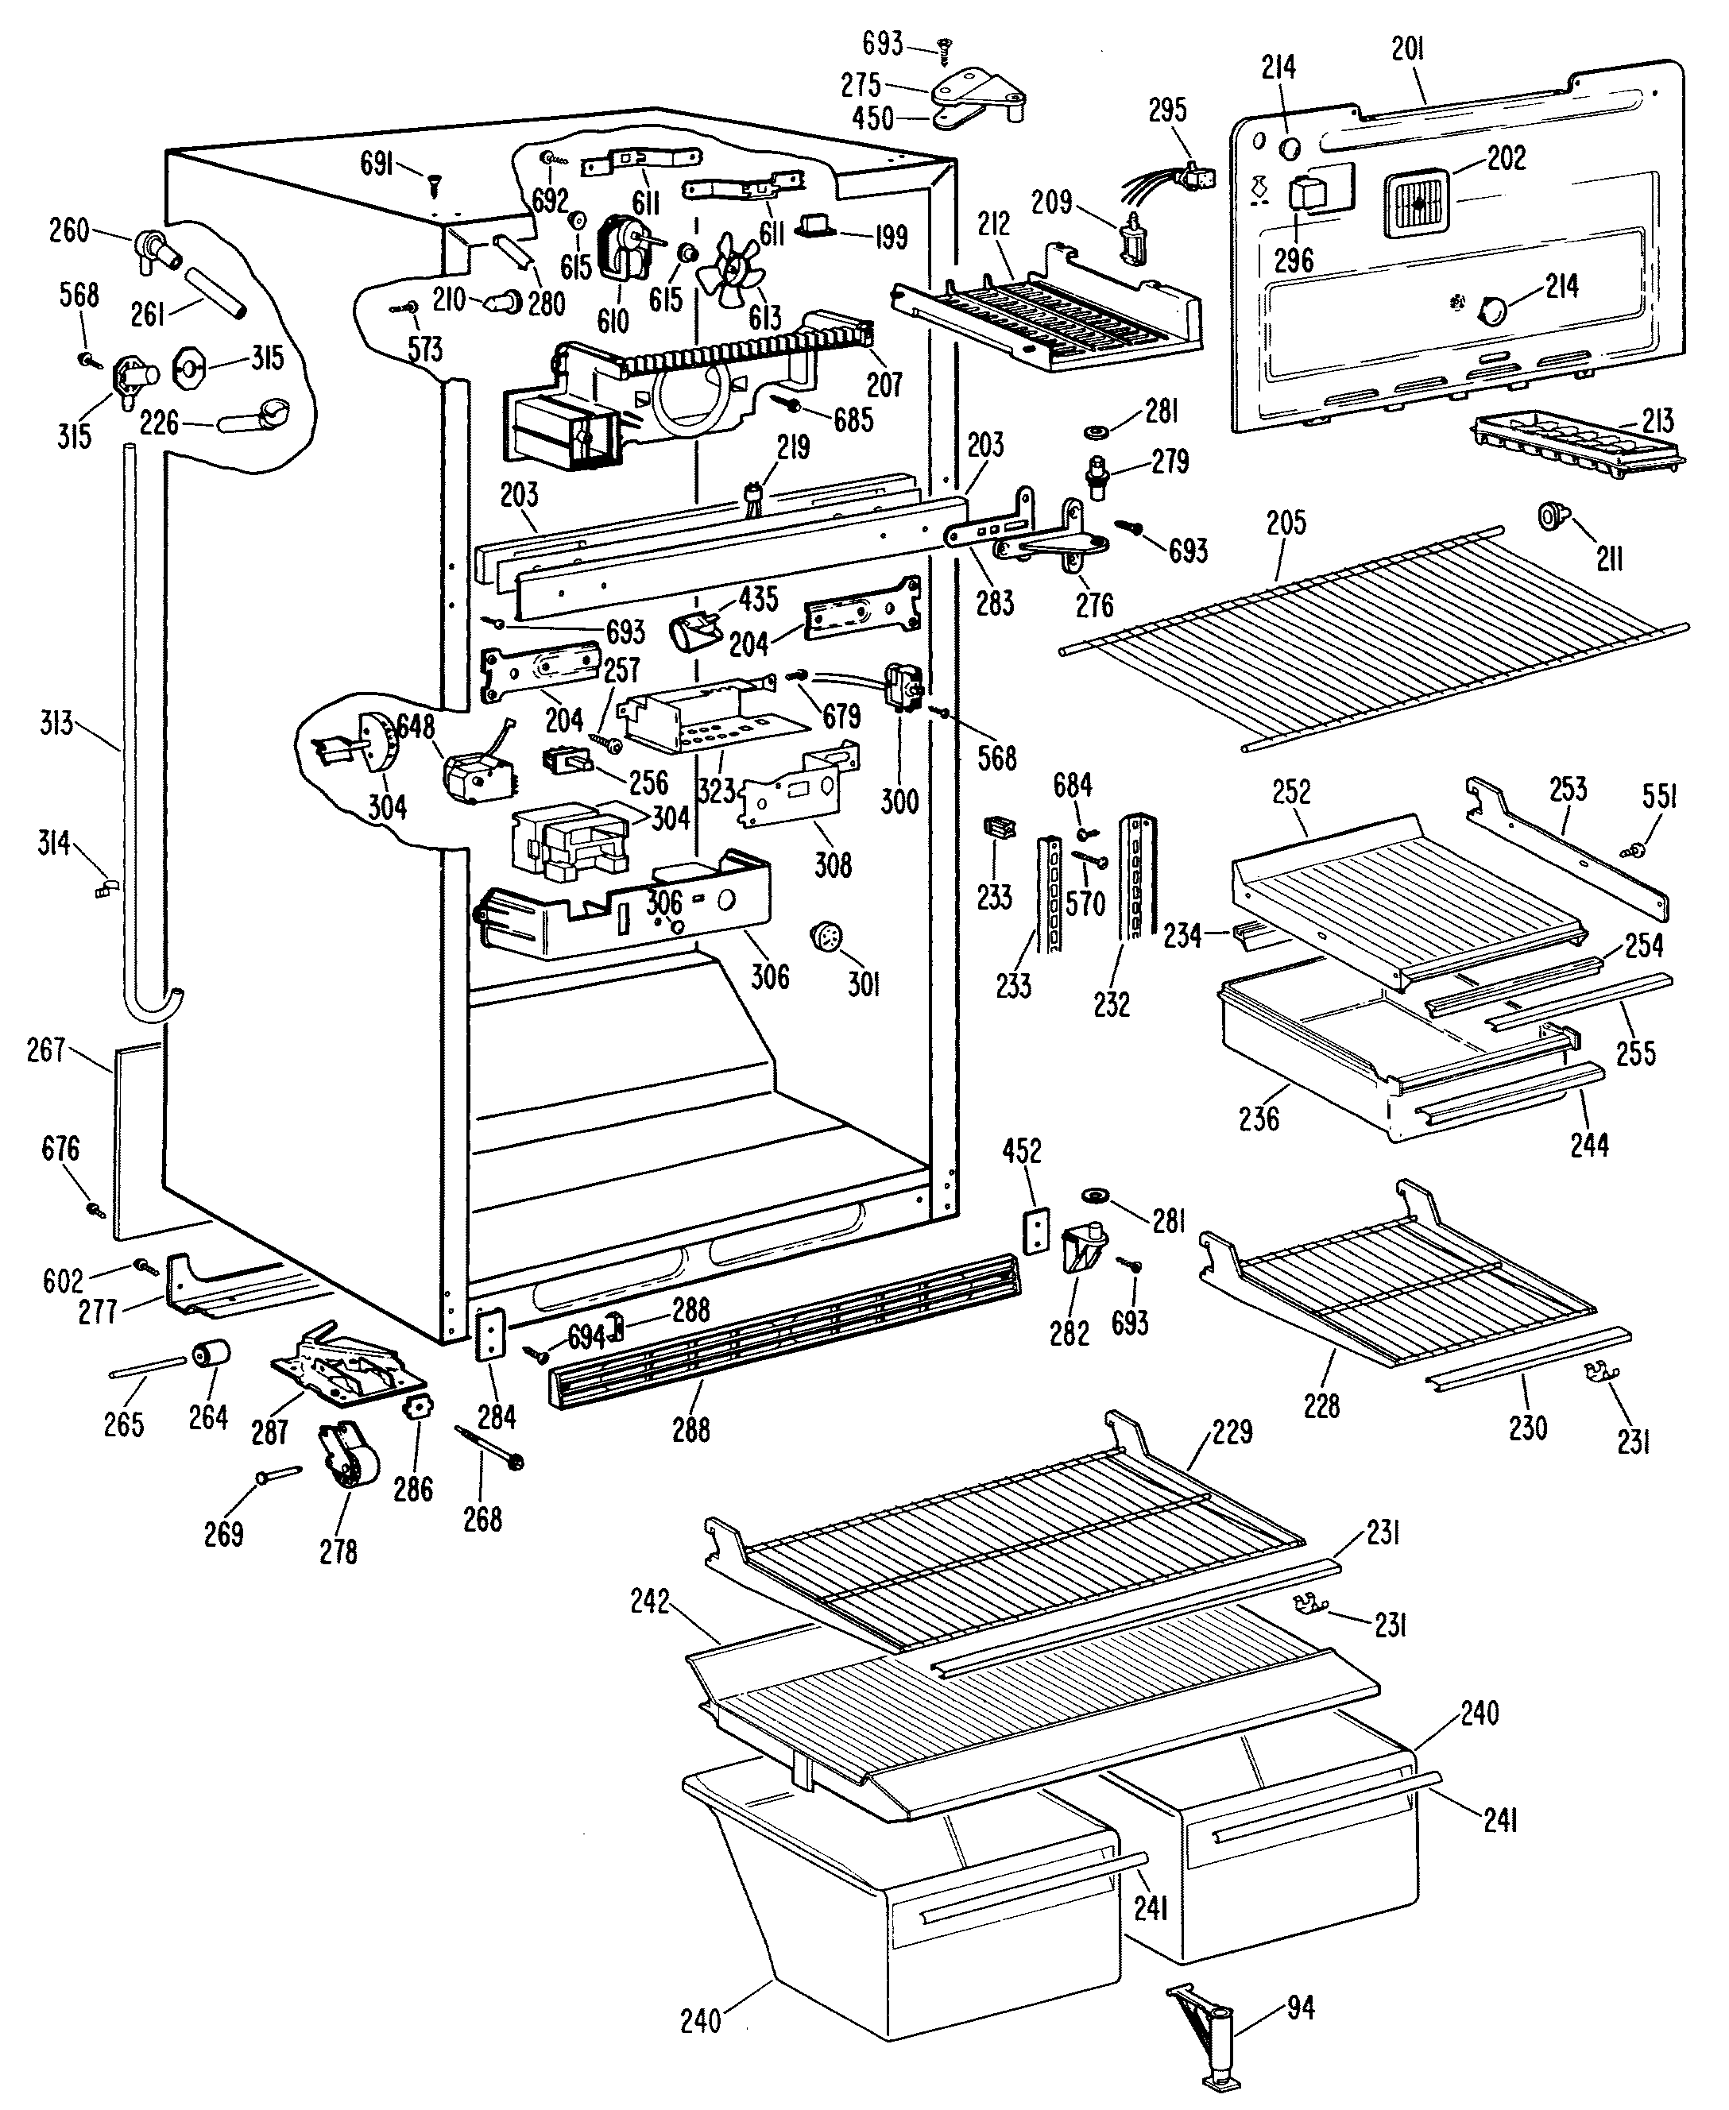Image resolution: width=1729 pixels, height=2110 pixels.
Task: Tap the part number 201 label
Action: point(1407,48)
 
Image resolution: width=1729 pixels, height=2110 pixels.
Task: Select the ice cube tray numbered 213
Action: point(1576,444)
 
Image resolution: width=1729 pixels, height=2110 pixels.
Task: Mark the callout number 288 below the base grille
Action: point(691,1429)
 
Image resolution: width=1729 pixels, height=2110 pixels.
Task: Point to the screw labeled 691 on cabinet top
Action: point(435,182)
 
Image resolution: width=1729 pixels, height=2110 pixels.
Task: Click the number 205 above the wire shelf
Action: point(1286,523)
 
